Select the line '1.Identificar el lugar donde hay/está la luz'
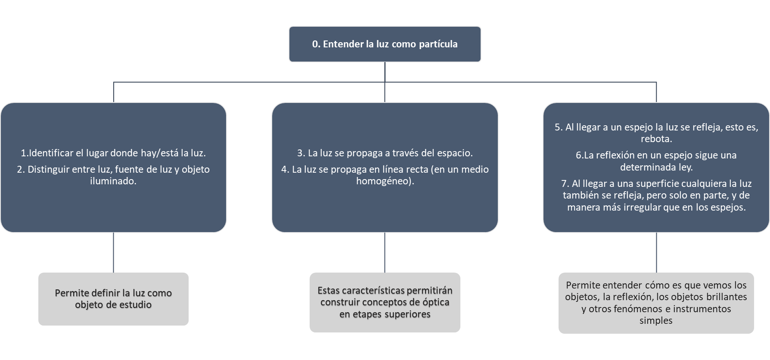[x=113, y=153]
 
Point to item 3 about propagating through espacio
[x=385, y=153]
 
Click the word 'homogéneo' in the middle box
[x=384, y=181]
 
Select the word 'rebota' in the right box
[x=655, y=139]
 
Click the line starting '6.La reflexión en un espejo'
[x=656, y=155]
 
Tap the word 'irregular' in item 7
[x=643, y=207]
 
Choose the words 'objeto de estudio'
[x=113, y=305]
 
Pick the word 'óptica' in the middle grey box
[x=433, y=302]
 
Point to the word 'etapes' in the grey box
[x=366, y=314]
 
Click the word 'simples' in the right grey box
[x=656, y=321]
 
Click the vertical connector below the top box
[x=385, y=71]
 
